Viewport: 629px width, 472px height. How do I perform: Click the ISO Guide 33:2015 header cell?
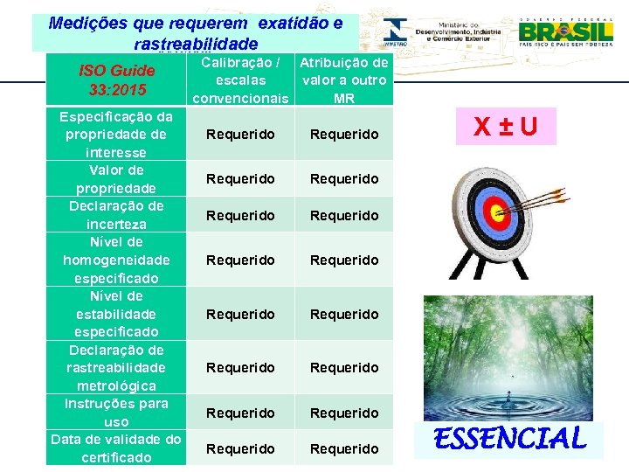(x=116, y=80)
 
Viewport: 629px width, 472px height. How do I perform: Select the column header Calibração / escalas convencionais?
(x=240, y=80)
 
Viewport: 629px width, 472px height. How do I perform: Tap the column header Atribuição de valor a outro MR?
(x=343, y=80)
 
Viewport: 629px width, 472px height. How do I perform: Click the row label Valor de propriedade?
(x=116, y=179)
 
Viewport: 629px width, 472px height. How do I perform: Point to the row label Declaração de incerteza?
(x=116, y=215)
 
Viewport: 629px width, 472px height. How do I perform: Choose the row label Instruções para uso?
(x=116, y=413)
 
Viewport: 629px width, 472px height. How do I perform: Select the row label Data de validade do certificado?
(x=116, y=448)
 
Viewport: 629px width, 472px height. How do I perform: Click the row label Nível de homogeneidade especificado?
(x=116, y=260)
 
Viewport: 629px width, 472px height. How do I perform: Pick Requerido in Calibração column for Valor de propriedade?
(x=240, y=179)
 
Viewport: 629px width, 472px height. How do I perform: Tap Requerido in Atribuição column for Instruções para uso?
(x=344, y=413)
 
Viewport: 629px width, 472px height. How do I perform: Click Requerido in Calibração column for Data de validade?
(x=240, y=448)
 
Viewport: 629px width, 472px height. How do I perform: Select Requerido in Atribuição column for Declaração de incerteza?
(x=344, y=215)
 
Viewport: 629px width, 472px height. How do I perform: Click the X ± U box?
(x=506, y=128)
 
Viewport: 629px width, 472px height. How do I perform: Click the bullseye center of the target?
(x=495, y=210)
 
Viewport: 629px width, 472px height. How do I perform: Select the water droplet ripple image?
(x=507, y=358)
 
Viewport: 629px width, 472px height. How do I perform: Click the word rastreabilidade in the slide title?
(x=196, y=44)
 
